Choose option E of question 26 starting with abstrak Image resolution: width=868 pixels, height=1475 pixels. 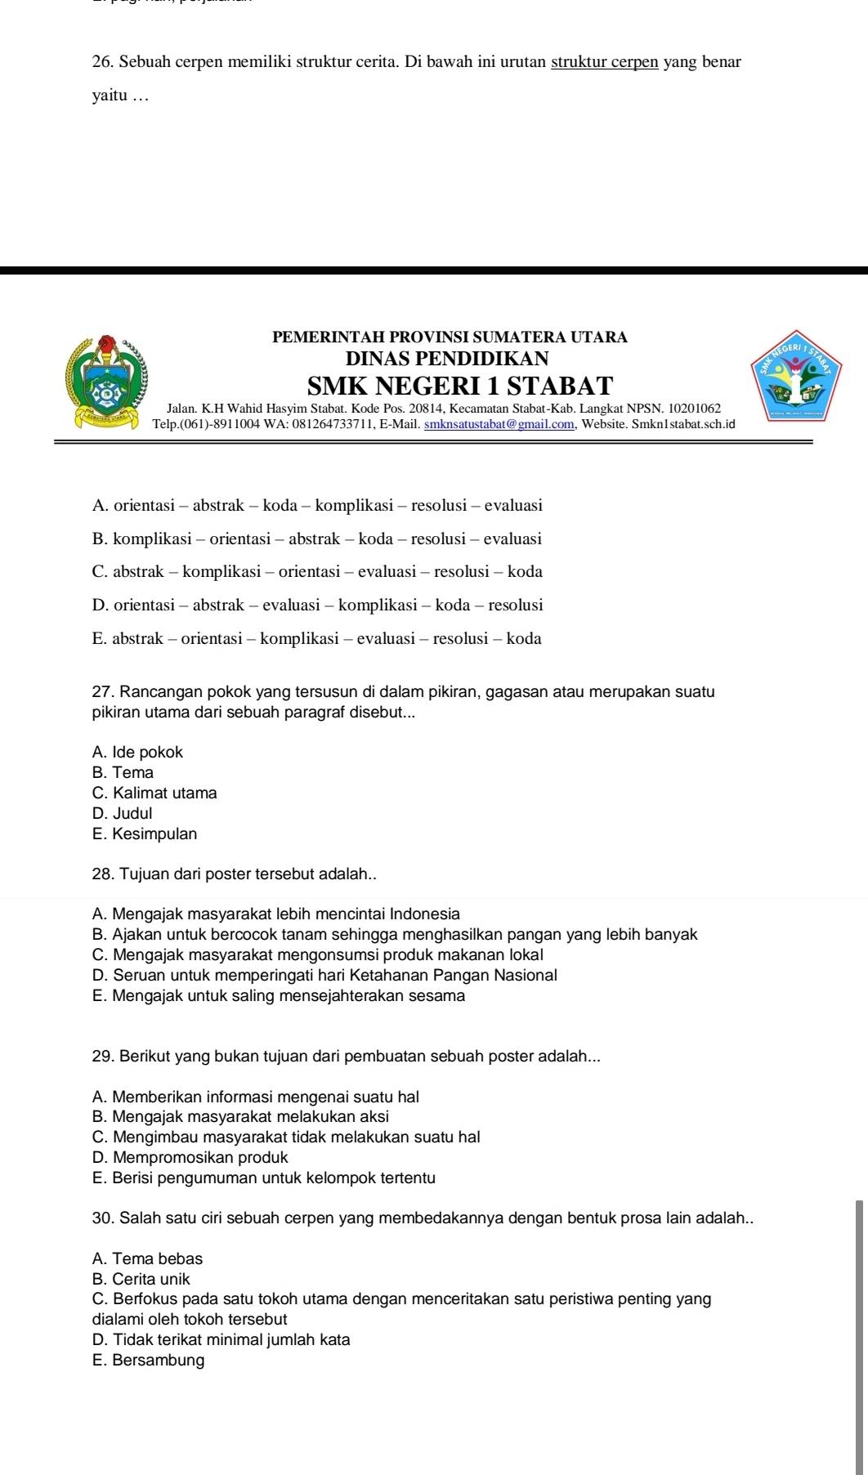[x=317, y=638]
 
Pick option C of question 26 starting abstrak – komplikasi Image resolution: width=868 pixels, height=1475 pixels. [x=317, y=571]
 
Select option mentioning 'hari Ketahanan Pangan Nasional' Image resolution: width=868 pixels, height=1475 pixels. [x=325, y=975]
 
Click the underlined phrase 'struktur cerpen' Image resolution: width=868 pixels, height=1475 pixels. [x=605, y=62]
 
